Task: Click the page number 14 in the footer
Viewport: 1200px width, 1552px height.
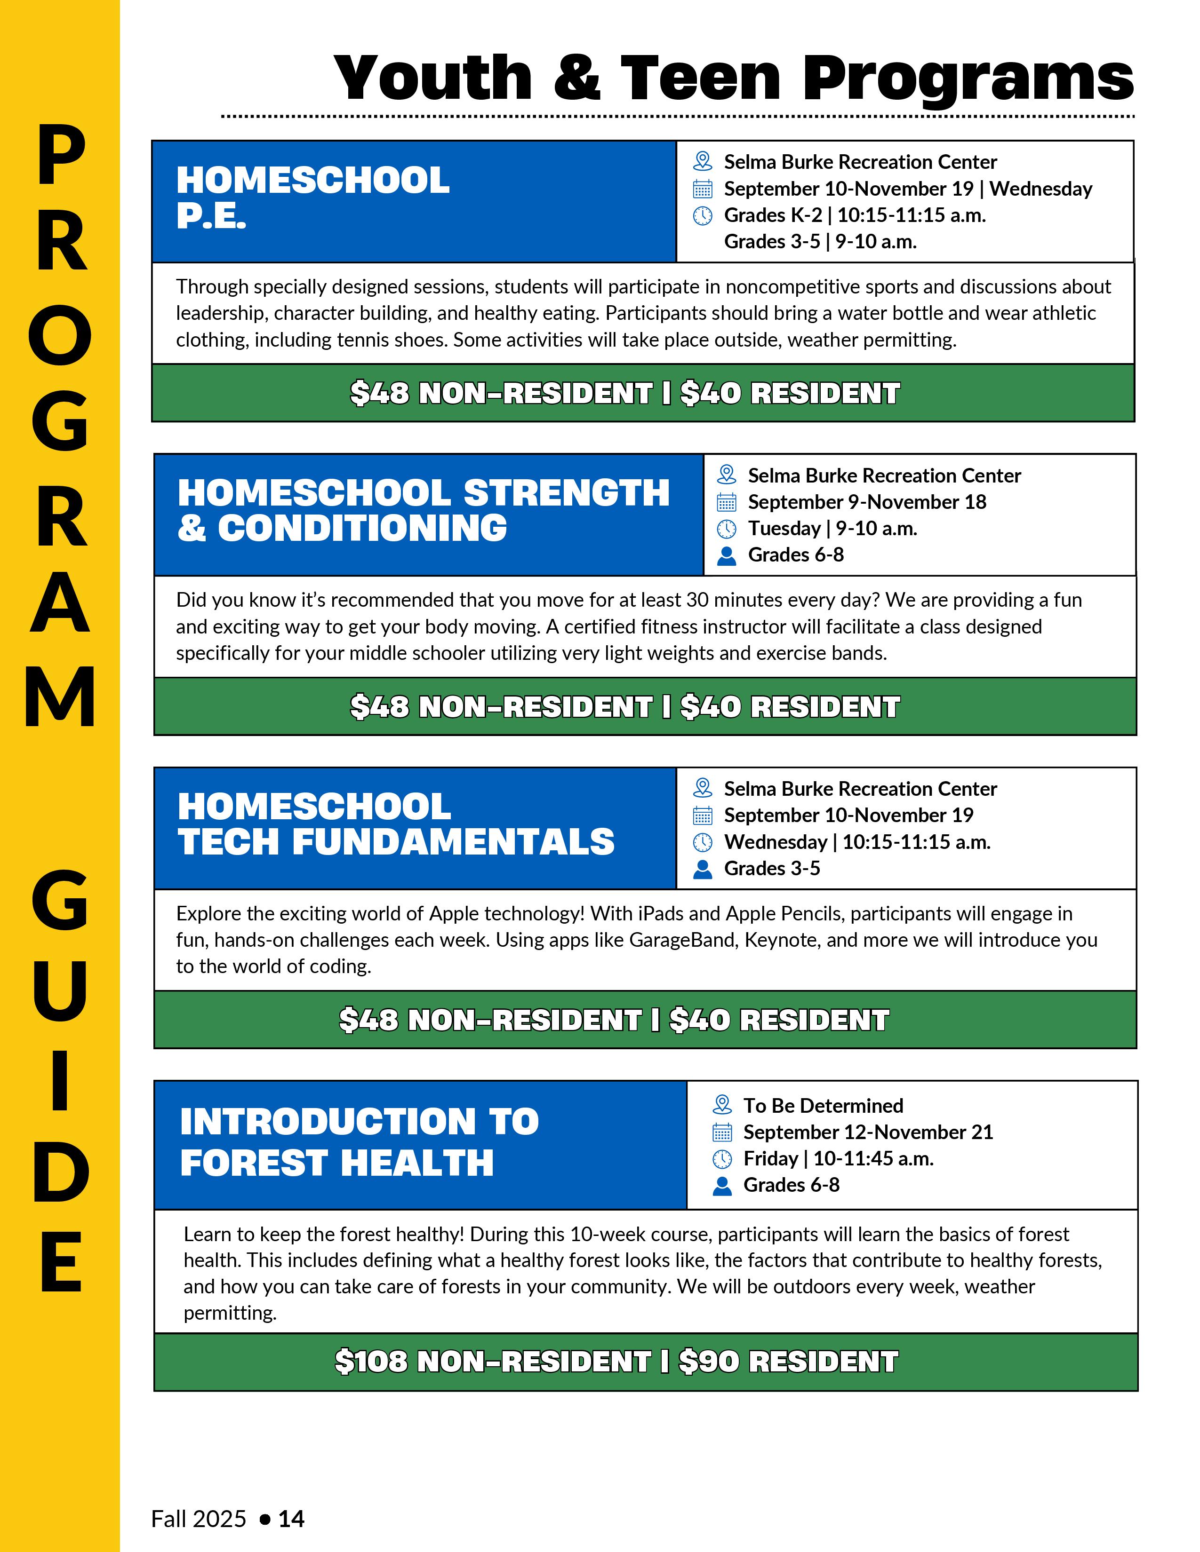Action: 291,1519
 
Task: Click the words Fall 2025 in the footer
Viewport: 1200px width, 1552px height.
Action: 198,1519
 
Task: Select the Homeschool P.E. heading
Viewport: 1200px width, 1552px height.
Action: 313,198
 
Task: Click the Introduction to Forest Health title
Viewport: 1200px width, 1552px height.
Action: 359,1142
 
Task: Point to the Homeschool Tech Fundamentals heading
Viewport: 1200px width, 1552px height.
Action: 396,824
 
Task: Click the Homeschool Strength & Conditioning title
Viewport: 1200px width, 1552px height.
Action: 423,510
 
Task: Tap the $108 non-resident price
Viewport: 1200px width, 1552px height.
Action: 492,1362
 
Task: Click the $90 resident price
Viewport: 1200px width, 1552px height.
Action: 788,1362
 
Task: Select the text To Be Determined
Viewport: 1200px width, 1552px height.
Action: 823,1106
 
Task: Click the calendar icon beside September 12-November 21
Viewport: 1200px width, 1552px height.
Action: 721,1132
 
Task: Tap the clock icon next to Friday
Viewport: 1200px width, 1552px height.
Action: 721,1159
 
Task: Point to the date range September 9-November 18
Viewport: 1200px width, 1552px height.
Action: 866,502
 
